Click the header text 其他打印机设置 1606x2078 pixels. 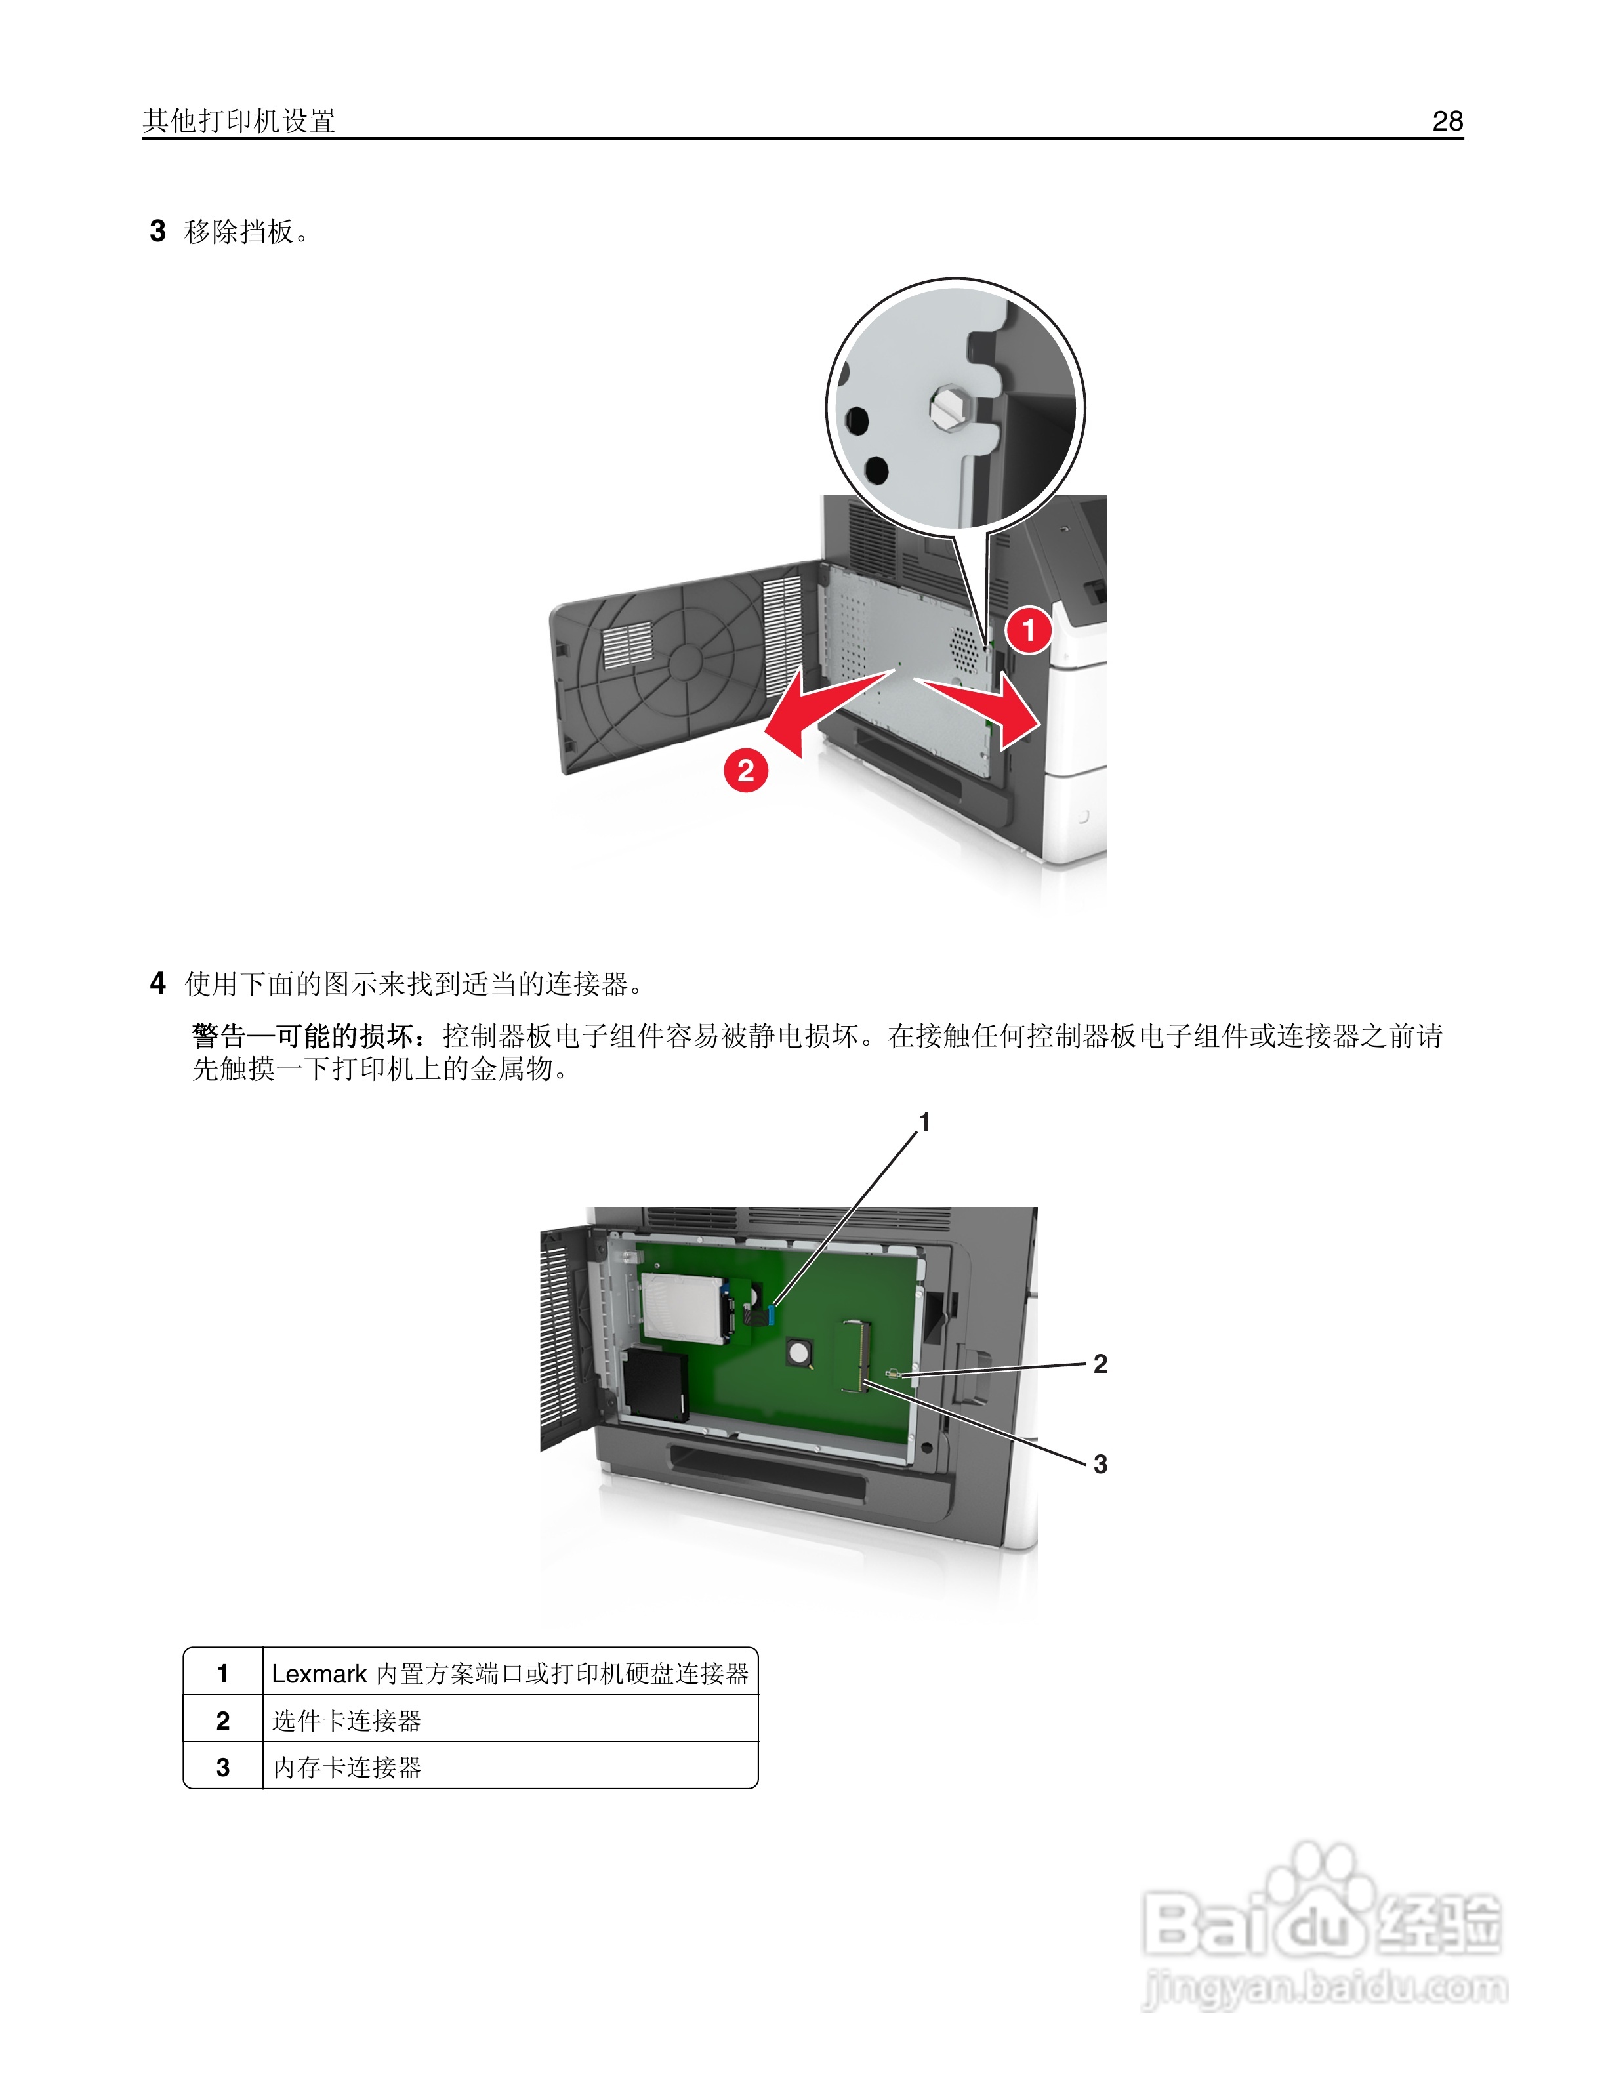(x=239, y=121)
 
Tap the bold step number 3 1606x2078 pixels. (x=158, y=231)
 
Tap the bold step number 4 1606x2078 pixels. (x=158, y=983)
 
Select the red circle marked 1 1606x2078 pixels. (x=1027, y=630)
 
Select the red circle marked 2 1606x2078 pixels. (x=746, y=769)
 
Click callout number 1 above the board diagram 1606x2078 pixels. (x=924, y=1123)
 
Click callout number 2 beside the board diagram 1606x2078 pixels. (x=1100, y=1364)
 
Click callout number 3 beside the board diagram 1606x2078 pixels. (x=1100, y=1463)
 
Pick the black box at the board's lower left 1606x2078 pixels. (x=655, y=1385)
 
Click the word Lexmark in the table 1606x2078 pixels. (x=319, y=1674)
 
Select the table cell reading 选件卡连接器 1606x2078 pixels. (x=346, y=1721)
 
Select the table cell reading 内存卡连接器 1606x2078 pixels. (x=346, y=1767)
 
